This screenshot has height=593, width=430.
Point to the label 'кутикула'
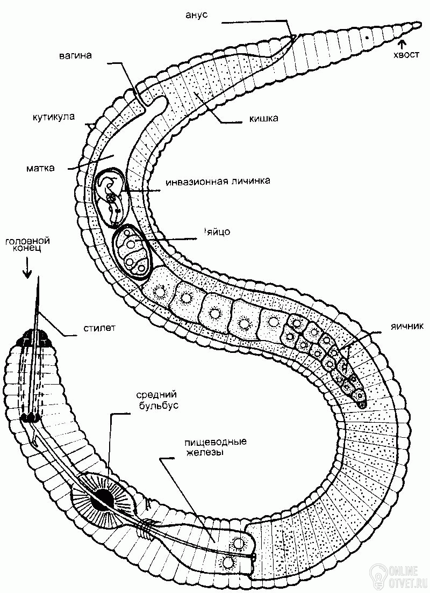[53, 116]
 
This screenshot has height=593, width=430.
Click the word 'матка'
[41, 168]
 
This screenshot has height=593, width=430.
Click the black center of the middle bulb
[102, 500]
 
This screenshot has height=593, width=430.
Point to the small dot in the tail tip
[366, 38]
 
